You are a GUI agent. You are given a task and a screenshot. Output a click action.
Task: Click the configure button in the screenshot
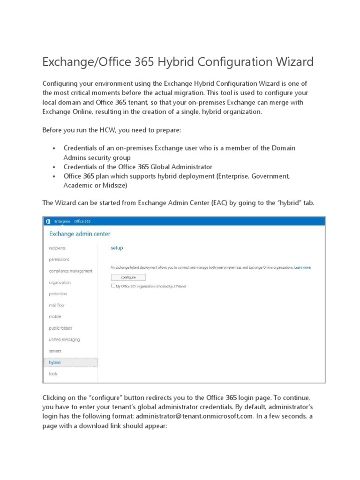tap(128, 277)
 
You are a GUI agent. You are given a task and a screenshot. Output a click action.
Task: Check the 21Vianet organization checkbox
tap(113, 285)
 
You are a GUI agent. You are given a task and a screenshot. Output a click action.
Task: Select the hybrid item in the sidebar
tap(55, 362)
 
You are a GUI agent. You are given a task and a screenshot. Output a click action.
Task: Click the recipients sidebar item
tap(57, 248)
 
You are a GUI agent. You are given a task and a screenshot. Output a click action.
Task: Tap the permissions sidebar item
tap(59, 259)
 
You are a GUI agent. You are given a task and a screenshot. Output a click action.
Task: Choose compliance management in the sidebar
tap(70, 271)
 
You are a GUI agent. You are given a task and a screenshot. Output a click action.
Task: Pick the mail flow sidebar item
tap(57, 305)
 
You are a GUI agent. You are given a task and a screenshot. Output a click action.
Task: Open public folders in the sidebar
tap(60, 328)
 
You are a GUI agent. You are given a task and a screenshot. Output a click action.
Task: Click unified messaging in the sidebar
tap(64, 339)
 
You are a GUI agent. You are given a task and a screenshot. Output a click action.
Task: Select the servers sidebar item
tap(55, 351)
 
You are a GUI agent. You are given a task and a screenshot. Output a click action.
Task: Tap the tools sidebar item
tap(53, 374)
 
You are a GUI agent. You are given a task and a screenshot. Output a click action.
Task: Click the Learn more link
tap(302, 267)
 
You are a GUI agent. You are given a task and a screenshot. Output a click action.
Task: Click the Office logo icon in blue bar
tap(48, 221)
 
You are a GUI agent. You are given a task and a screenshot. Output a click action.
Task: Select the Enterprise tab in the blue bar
tap(62, 221)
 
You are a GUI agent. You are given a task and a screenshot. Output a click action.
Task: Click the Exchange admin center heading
tap(80, 233)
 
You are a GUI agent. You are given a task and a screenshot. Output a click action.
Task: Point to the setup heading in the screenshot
tap(117, 247)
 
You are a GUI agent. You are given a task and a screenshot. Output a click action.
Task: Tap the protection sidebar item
tap(58, 294)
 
